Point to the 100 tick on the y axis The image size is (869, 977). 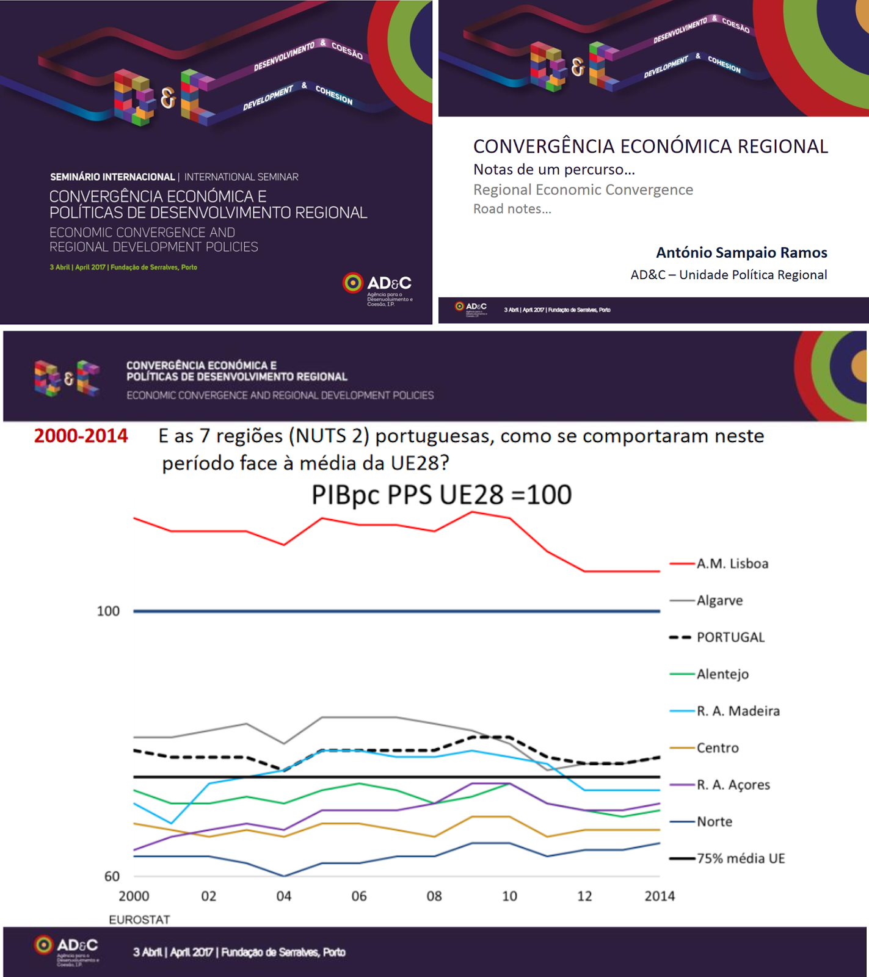(108, 611)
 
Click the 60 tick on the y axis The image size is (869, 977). (112, 877)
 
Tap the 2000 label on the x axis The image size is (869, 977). (134, 896)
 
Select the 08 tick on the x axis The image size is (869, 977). (434, 896)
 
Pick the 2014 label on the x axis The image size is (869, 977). (660, 896)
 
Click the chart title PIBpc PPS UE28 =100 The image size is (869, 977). (442, 495)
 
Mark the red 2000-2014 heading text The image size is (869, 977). (81, 436)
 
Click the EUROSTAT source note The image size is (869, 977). (139, 920)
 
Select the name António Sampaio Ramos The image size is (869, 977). (741, 253)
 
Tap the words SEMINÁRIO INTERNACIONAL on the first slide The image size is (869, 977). (112, 177)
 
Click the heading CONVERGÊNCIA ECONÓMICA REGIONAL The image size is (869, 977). (650, 147)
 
